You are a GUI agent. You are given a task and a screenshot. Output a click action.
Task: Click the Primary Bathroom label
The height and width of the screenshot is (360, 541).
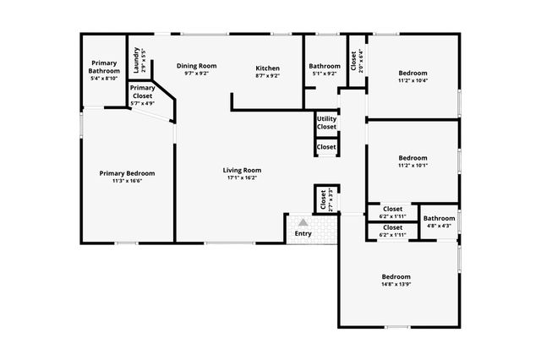click(x=104, y=67)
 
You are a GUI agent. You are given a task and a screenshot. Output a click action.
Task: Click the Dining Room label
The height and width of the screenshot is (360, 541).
click(x=196, y=66)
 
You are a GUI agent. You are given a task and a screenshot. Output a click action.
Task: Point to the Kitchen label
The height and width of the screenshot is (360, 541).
click(x=267, y=68)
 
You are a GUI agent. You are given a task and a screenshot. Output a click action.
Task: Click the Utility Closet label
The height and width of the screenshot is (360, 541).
click(x=326, y=123)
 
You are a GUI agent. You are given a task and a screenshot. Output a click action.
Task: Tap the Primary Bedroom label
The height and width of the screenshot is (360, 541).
click(x=127, y=173)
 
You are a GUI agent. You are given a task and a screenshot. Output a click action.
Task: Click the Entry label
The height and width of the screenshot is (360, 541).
click(x=302, y=233)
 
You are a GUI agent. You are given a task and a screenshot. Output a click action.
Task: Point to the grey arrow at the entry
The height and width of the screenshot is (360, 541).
click(x=302, y=221)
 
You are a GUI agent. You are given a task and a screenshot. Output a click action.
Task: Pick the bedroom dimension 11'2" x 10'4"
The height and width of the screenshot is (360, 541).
click(x=413, y=81)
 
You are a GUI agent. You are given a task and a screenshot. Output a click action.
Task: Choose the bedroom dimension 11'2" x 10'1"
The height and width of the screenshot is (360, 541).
click(x=413, y=166)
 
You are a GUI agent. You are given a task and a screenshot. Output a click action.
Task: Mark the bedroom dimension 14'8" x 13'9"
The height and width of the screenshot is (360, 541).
click(x=396, y=286)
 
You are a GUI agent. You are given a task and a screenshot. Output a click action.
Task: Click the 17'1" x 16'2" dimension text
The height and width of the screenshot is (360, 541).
click(x=241, y=178)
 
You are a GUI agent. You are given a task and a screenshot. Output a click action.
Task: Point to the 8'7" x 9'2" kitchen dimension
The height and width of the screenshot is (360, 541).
click(x=267, y=76)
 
